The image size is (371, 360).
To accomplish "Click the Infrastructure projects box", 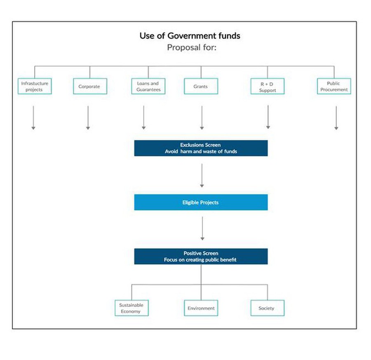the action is click(35, 86).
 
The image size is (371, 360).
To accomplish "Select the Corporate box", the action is click(90, 86).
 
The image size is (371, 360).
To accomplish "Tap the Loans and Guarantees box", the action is click(148, 86).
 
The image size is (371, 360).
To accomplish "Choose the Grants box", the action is click(201, 86).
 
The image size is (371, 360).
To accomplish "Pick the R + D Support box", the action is click(268, 86).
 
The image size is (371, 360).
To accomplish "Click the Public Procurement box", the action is click(334, 86).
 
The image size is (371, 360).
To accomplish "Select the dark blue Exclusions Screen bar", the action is click(201, 148).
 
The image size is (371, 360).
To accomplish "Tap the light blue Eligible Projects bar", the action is click(201, 202).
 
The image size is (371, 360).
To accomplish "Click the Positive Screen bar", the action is click(201, 256).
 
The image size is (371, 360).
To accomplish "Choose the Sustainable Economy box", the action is click(131, 308).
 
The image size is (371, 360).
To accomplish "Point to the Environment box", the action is click(201, 308).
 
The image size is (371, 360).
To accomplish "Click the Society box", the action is click(268, 308).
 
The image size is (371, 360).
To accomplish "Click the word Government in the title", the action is click(192, 36).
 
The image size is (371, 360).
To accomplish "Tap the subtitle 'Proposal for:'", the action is click(192, 47).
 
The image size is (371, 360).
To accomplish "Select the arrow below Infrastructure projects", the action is click(33, 118).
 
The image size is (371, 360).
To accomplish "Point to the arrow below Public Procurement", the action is click(336, 118).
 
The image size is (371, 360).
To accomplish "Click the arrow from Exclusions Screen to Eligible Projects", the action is click(202, 175).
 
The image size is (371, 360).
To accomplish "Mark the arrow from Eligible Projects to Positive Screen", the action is click(202, 228).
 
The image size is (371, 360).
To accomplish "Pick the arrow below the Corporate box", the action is click(88, 118).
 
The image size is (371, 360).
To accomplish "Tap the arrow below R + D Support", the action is click(268, 117).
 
